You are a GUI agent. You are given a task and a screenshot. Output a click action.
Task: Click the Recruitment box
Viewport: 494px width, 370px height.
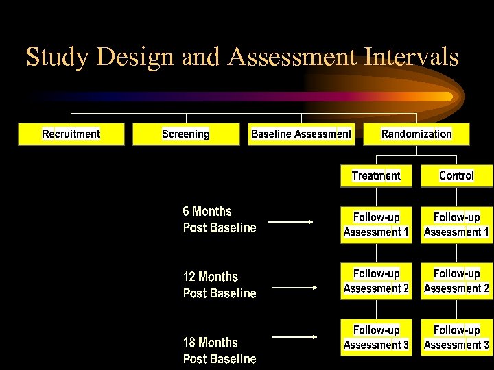pyautogui.click(x=71, y=134)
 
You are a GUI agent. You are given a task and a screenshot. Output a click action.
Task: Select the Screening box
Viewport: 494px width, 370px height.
pyautogui.click(x=186, y=134)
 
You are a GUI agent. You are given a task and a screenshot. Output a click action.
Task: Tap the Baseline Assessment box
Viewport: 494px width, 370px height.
pyautogui.click(x=301, y=134)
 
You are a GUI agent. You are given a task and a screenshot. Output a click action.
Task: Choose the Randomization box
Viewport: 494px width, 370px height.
pyautogui.click(x=416, y=134)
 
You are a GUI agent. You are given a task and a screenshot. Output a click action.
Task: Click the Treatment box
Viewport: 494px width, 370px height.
pyautogui.click(x=376, y=176)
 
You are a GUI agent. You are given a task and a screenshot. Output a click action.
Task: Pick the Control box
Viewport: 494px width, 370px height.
pyautogui.click(x=456, y=176)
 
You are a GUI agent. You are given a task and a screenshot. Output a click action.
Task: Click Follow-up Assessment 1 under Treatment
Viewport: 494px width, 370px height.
pyautogui.click(x=376, y=225)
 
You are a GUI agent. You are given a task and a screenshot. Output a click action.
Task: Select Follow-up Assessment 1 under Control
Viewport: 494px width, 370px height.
pyautogui.click(x=456, y=225)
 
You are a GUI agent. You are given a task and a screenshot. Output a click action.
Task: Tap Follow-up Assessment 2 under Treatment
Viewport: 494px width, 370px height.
pyautogui.click(x=376, y=281)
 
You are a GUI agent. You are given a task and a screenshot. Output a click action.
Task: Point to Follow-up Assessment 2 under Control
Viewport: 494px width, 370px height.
pyautogui.click(x=456, y=281)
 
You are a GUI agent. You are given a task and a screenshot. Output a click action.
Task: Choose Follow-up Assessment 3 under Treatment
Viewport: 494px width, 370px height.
pyautogui.click(x=376, y=337)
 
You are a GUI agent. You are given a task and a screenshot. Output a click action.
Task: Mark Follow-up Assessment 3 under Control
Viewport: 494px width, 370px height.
pyautogui.click(x=456, y=337)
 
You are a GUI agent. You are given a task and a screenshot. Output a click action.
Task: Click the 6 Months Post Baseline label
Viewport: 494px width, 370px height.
pyautogui.click(x=219, y=219)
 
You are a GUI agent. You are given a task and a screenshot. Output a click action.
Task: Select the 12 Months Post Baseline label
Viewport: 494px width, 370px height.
pyautogui.click(x=219, y=285)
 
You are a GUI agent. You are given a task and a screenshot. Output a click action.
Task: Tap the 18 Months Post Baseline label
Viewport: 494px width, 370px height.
pyautogui.click(x=219, y=350)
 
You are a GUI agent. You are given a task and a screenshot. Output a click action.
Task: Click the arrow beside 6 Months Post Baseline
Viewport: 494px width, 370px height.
pyautogui.click(x=291, y=222)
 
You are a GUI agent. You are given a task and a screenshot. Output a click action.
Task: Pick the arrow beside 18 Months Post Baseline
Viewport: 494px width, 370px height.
pyautogui.click(x=294, y=336)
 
